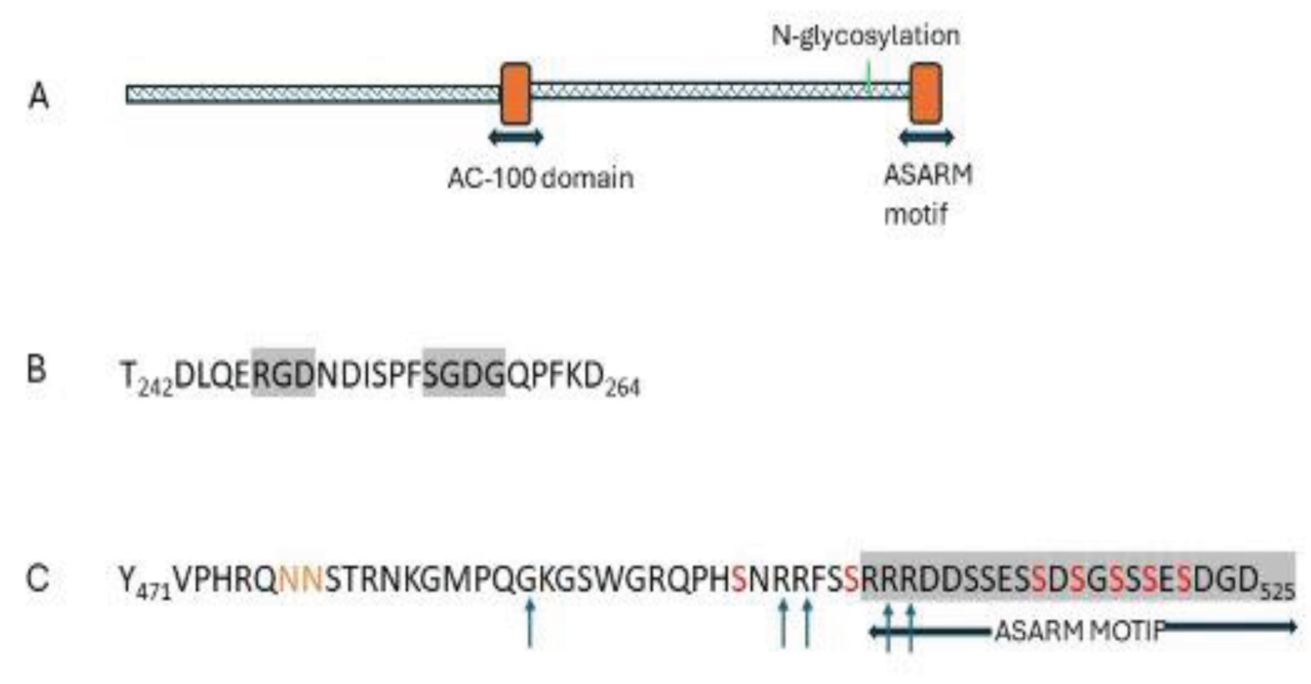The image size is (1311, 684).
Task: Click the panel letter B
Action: click(x=36, y=370)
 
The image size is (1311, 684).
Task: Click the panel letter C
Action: click(x=37, y=578)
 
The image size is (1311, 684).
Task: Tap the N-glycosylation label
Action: click(x=865, y=36)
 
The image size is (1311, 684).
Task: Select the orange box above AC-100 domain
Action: click(x=516, y=94)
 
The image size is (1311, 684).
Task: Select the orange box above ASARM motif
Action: click(x=926, y=94)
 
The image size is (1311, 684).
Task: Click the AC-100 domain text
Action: click(x=540, y=179)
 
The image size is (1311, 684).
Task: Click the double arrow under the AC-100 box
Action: click(x=516, y=138)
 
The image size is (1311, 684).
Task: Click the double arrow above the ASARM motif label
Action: click(x=926, y=138)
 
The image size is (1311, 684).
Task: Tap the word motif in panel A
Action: click(x=915, y=215)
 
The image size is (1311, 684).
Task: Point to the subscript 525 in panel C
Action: click(x=1278, y=592)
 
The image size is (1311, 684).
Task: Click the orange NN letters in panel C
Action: click(x=301, y=579)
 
